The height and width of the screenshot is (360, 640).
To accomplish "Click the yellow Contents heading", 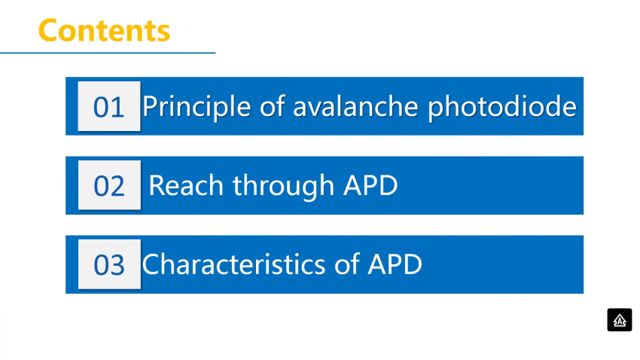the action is pos(104,30).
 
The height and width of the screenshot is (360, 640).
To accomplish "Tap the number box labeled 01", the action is pos(109,106).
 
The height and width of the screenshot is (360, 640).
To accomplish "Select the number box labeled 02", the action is pos(109,185).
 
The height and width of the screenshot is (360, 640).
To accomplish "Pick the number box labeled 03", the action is pos(109,264).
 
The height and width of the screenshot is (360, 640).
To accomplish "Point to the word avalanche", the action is pos(356,106).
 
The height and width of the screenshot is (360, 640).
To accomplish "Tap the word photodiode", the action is pos(502,108).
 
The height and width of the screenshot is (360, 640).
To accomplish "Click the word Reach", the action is pos(186,185).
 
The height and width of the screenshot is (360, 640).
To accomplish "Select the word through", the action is pos(283,187).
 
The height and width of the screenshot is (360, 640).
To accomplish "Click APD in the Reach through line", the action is pos(370,185).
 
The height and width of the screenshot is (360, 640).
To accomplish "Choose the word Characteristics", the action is pos(233,264).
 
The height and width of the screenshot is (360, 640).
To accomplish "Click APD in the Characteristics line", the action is pos(395,264).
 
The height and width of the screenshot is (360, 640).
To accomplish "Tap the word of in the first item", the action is pos(272,106).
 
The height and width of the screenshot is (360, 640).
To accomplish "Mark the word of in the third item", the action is pos(347,264).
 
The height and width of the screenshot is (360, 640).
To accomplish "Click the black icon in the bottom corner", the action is pos(619,319).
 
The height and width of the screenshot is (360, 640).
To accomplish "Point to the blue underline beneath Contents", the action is pos(108,53).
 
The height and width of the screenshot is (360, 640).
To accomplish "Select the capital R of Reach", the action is pos(157,186).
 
